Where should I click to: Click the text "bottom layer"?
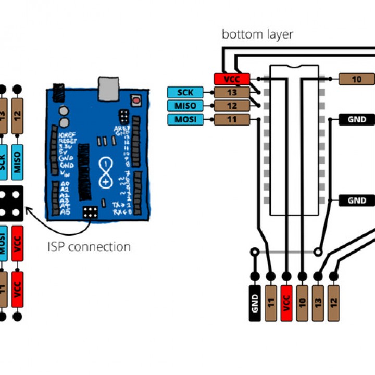[x=257, y=35]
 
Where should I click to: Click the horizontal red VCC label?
[x=232, y=79]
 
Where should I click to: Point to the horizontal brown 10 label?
[x=357, y=79]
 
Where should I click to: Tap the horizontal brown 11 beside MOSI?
[x=232, y=119]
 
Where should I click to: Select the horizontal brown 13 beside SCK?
[x=232, y=92]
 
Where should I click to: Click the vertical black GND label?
[x=255, y=303]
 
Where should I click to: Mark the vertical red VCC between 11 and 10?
[x=286, y=303]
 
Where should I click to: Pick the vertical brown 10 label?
[x=302, y=303]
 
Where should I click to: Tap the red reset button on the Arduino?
[x=136, y=99]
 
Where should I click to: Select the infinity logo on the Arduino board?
[x=106, y=173]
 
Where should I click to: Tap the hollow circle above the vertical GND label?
[x=255, y=252]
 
